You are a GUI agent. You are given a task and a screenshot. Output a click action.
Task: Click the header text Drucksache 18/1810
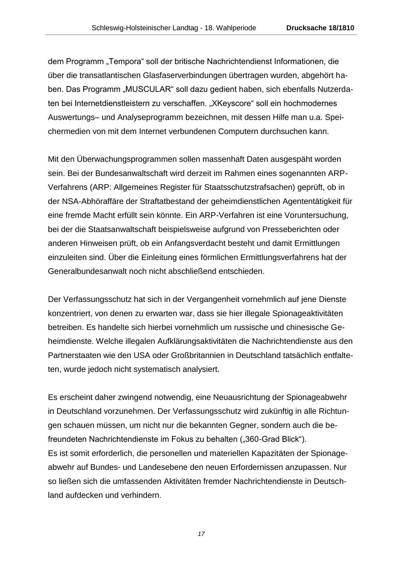pyautogui.click(x=320, y=28)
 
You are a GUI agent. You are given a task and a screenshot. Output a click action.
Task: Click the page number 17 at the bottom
pyautogui.click(x=201, y=534)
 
